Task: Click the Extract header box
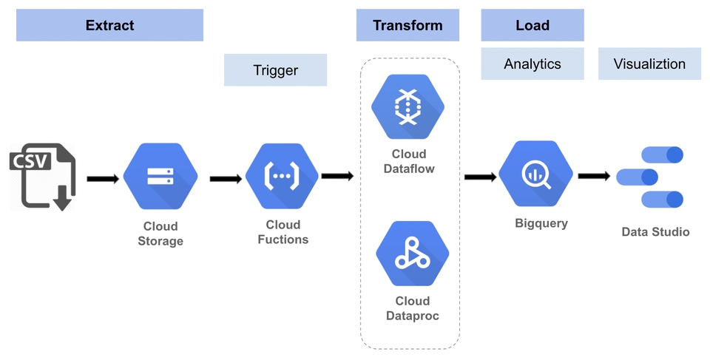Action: pos(109,25)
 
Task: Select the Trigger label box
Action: pos(275,70)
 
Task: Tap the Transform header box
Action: pos(408,25)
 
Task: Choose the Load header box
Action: pos(532,25)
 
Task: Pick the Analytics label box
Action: pos(532,64)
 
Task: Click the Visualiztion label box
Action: pos(649,64)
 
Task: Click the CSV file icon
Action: pos(42,177)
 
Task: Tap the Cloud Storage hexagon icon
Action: pos(160,177)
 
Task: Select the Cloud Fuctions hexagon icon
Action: pos(282,177)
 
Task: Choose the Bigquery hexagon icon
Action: pos(535,174)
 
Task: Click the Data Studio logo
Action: pos(650,177)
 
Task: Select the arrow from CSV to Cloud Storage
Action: pos(103,178)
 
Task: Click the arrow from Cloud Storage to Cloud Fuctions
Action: pos(226,178)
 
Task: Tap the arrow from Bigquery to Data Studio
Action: pos(594,176)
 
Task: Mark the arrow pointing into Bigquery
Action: pos(480,177)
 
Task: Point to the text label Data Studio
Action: pos(655,232)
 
